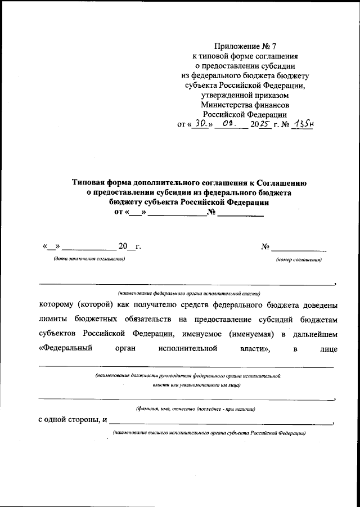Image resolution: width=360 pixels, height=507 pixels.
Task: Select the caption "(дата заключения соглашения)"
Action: [89, 259]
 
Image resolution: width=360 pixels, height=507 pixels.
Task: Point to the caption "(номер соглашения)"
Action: [299, 260]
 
